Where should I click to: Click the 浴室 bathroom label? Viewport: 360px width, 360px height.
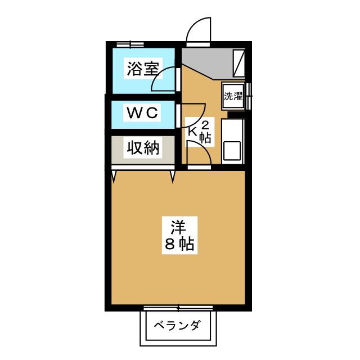[x=141, y=69]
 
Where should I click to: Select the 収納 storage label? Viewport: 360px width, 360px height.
[x=143, y=148]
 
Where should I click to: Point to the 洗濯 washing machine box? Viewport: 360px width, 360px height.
[x=233, y=96]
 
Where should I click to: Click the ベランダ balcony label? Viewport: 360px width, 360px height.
[x=177, y=327]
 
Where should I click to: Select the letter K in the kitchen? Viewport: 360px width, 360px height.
[x=192, y=132]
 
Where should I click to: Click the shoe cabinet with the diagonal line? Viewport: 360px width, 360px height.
[x=239, y=63]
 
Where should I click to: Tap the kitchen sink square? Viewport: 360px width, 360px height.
[x=232, y=151]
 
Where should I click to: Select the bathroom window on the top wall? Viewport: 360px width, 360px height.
[x=130, y=43]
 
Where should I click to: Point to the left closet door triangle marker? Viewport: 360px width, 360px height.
[x=115, y=177]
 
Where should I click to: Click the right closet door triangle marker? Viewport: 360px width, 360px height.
[x=173, y=177]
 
